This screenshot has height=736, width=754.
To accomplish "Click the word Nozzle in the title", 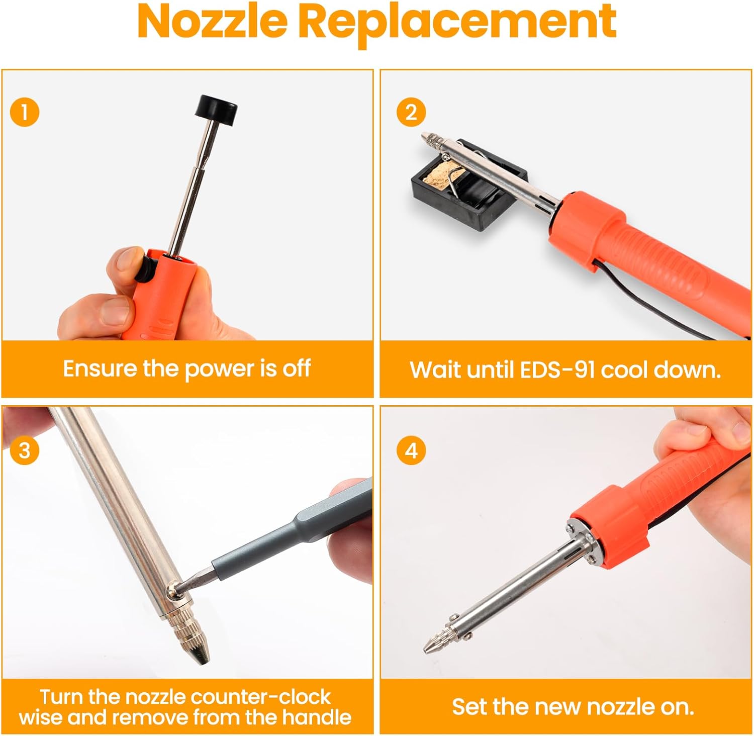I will (x=212, y=22).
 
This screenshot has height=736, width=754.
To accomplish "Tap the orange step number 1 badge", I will (x=24, y=112).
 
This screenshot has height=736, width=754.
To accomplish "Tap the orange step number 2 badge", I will (x=411, y=112).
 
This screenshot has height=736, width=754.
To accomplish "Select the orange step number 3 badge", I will (x=24, y=450).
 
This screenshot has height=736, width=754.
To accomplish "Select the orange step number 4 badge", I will (x=411, y=450).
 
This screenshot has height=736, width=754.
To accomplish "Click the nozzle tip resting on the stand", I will (x=430, y=138).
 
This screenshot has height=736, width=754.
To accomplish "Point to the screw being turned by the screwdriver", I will (x=173, y=587).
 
